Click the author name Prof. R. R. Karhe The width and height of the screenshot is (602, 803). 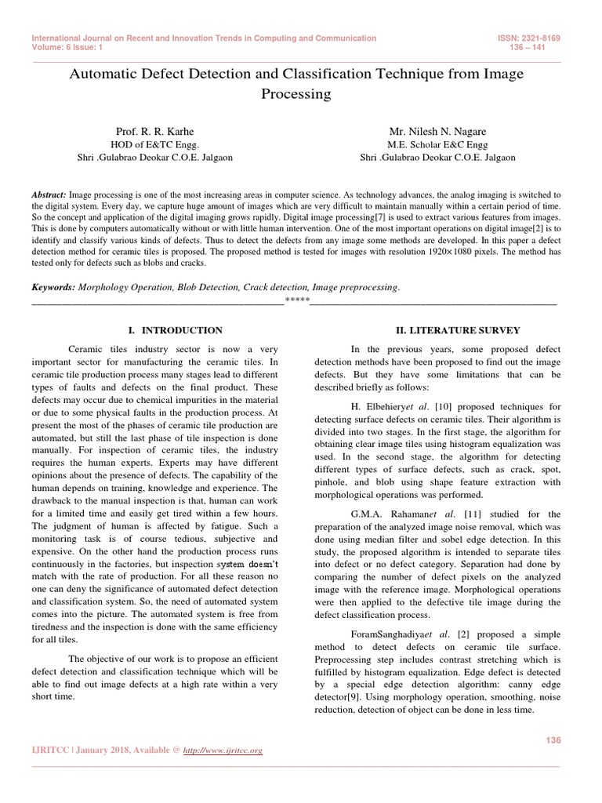pos(154,131)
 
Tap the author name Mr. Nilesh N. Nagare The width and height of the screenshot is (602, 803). pos(437,131)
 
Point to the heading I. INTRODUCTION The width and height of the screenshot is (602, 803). pos(175,330)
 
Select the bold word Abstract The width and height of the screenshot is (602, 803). pos(49,194)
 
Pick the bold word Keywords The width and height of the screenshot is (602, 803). pos(53,288)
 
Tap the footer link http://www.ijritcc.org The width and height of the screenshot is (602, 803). pos(223,750)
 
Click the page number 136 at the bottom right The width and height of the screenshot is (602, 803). pos(553,740)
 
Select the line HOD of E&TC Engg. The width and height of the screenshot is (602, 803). pos(154,144)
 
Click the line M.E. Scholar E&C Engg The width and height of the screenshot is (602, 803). pos(437,144)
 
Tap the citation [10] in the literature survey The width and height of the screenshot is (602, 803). pos(444,407)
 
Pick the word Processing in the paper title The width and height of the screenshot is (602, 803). pos(296,94)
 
